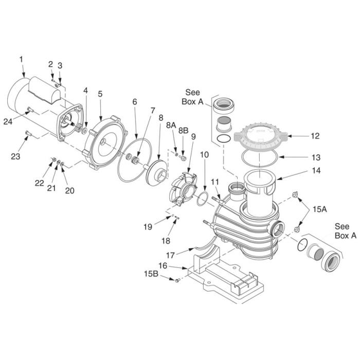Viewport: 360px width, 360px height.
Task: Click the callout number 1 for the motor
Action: [x=21, y=60]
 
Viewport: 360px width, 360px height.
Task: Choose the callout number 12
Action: [x=315, y=136]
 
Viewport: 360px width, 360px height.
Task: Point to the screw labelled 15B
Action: [x=177, y=280]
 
